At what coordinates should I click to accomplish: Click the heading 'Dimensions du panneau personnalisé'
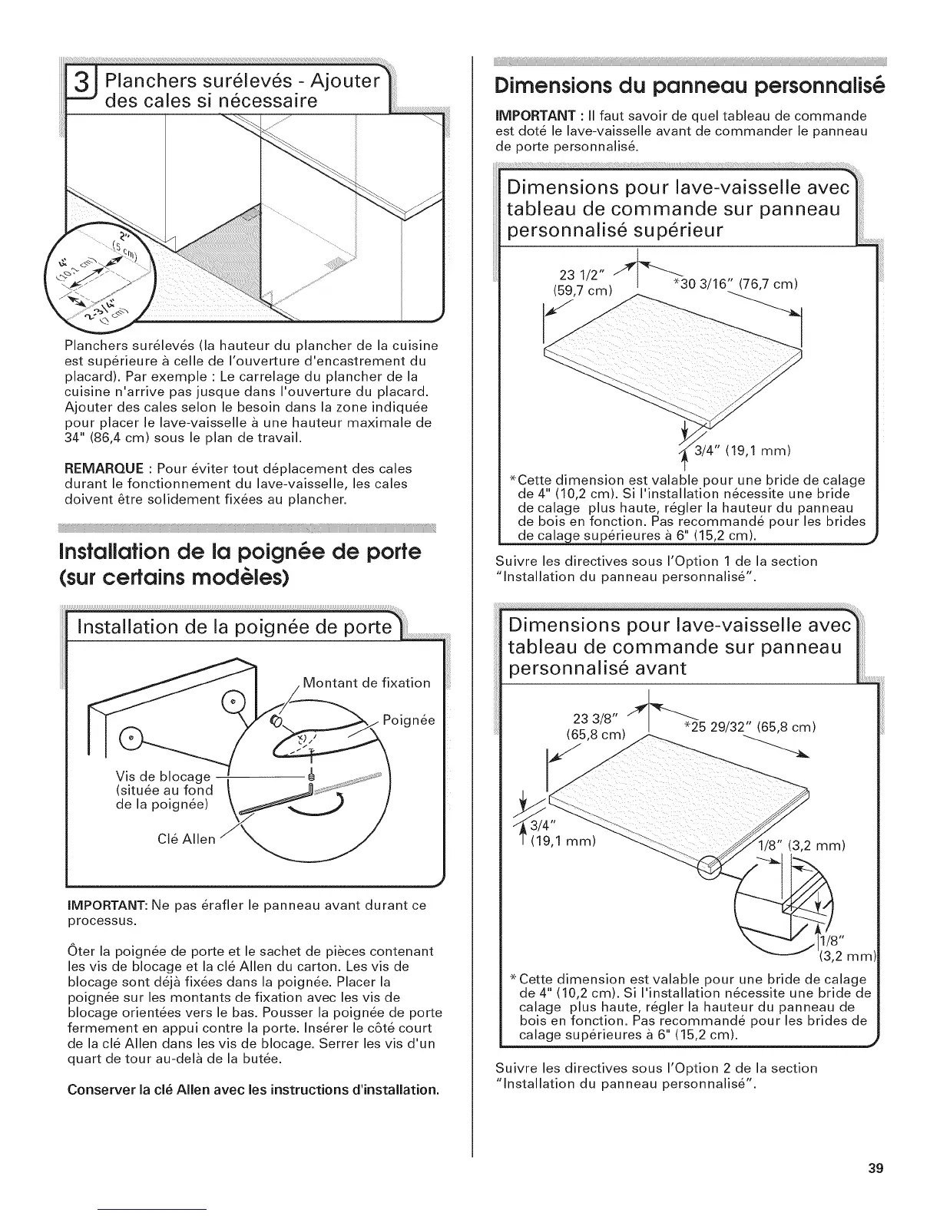[687, 84]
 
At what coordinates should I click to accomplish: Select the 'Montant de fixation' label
[366, 682]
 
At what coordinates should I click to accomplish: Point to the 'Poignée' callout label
[409, 720]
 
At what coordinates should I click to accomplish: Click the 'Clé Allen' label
[186, 839]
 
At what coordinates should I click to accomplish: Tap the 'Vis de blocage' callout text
[162, 775]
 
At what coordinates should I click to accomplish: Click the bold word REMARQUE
[102, 468]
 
